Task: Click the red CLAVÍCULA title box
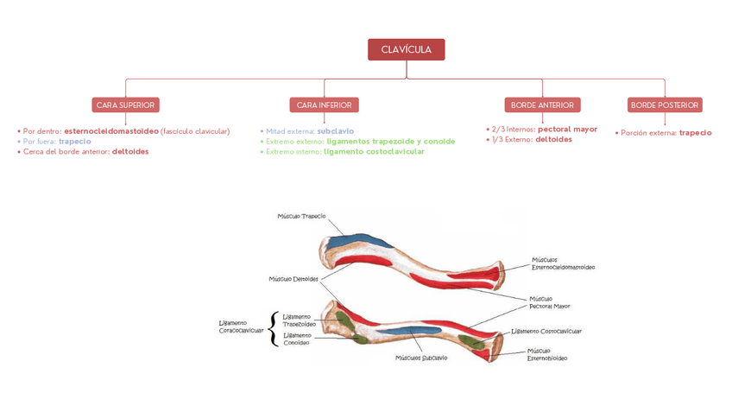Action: tap(406, 49)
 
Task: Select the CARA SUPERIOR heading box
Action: tap(125, 105)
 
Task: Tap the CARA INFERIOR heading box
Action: tap(324, 105)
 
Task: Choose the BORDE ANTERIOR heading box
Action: tap(542, 105)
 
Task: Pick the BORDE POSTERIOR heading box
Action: tap(665, 105)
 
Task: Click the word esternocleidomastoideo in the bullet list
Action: tap(111, 131)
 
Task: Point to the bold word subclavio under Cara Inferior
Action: tap(335, 131)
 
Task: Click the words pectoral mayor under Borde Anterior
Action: tap(567, 129)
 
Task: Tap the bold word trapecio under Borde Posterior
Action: tap(695, 133)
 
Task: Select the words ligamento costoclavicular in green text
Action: tap(374, 151)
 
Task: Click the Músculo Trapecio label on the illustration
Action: tap(301, 216)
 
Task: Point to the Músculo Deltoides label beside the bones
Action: tap(293, 279)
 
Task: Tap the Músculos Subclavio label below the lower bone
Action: tap(421, 357)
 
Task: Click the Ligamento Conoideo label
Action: tap(297, 338)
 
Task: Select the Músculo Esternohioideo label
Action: tap(547, 354)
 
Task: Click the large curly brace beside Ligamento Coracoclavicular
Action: tap(274, 328)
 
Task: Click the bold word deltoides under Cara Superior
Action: tap(129, 151)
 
